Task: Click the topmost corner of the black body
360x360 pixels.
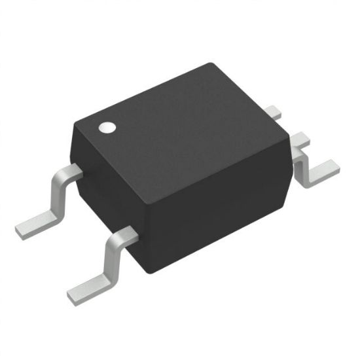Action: coord(211,63)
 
